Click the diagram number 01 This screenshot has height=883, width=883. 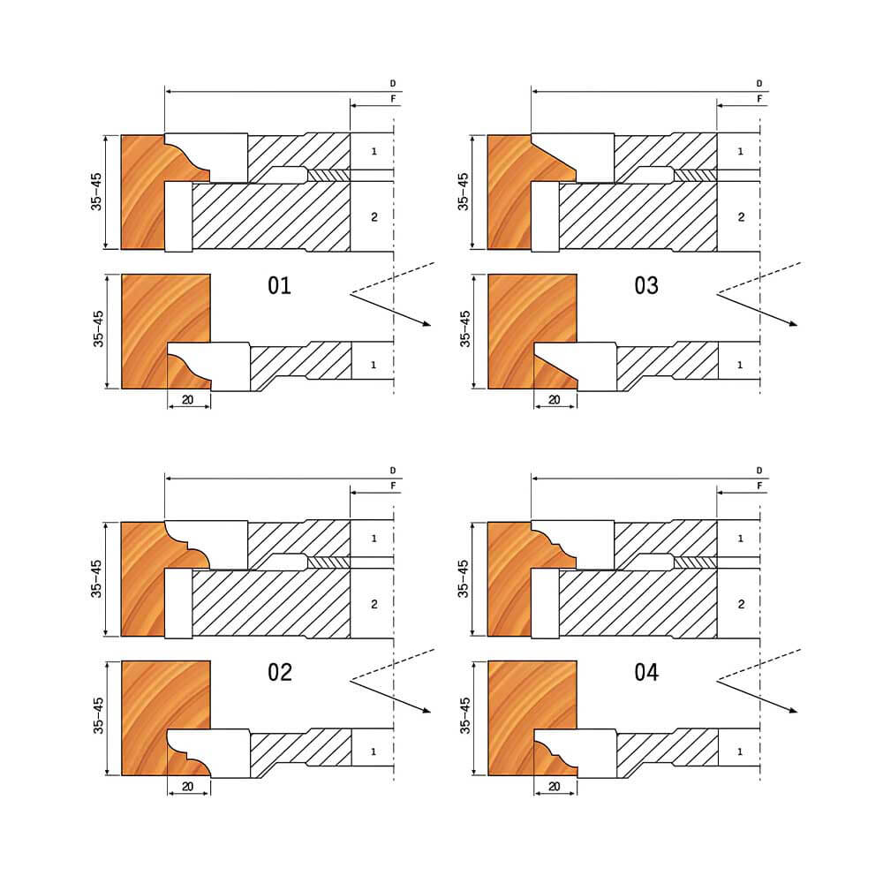279,285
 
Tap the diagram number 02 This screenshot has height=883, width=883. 280,672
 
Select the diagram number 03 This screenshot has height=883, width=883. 646,285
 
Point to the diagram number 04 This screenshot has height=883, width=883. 646,672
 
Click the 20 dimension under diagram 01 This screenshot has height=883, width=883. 187,400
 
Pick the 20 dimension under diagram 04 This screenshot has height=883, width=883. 555,787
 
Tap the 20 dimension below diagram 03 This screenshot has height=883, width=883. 555,400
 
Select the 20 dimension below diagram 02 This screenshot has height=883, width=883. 187,787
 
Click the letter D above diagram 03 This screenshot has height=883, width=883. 759,84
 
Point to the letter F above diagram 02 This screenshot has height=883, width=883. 393,486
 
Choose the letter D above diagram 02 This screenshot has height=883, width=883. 393,471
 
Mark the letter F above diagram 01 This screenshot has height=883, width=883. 393,99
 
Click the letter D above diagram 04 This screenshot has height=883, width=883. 759,471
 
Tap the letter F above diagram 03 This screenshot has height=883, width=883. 759,99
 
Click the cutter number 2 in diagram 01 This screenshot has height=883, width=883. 374,217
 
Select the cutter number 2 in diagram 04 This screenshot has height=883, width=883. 741,604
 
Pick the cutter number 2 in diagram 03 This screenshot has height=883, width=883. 741,217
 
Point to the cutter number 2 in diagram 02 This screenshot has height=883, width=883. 374,604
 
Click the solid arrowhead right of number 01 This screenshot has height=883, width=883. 426,323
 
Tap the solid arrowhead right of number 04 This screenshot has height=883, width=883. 793,710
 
